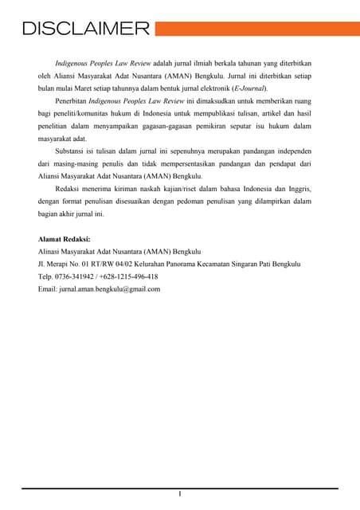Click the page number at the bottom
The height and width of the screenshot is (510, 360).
180,496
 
